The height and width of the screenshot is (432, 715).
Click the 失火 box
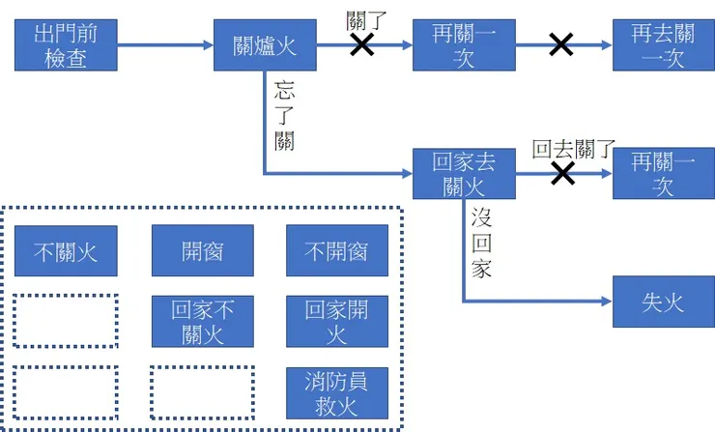click(x=663, y=302)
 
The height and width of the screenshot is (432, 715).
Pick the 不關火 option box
click(x=66, y=251)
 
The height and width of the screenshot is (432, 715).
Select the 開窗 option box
click(x=202, y=251)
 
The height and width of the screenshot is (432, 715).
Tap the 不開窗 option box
click(x=336, y=251)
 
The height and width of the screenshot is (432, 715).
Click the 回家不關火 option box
click(x=202, y=322)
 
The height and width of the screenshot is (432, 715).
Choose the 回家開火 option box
click(x=336, y=322)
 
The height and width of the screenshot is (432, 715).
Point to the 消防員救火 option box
click(x=336, y=392)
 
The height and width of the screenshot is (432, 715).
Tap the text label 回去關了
click(x=574, y=150)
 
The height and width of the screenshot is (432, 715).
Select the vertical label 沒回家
click(x=482, y=242)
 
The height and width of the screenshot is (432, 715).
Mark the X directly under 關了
click(x=362, y=44)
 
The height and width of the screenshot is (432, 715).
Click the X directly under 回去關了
click(x=562, y=173)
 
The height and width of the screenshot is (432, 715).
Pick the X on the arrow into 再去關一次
click(x=560, y=44)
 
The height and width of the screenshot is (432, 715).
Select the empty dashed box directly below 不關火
click(x=66, y=320)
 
